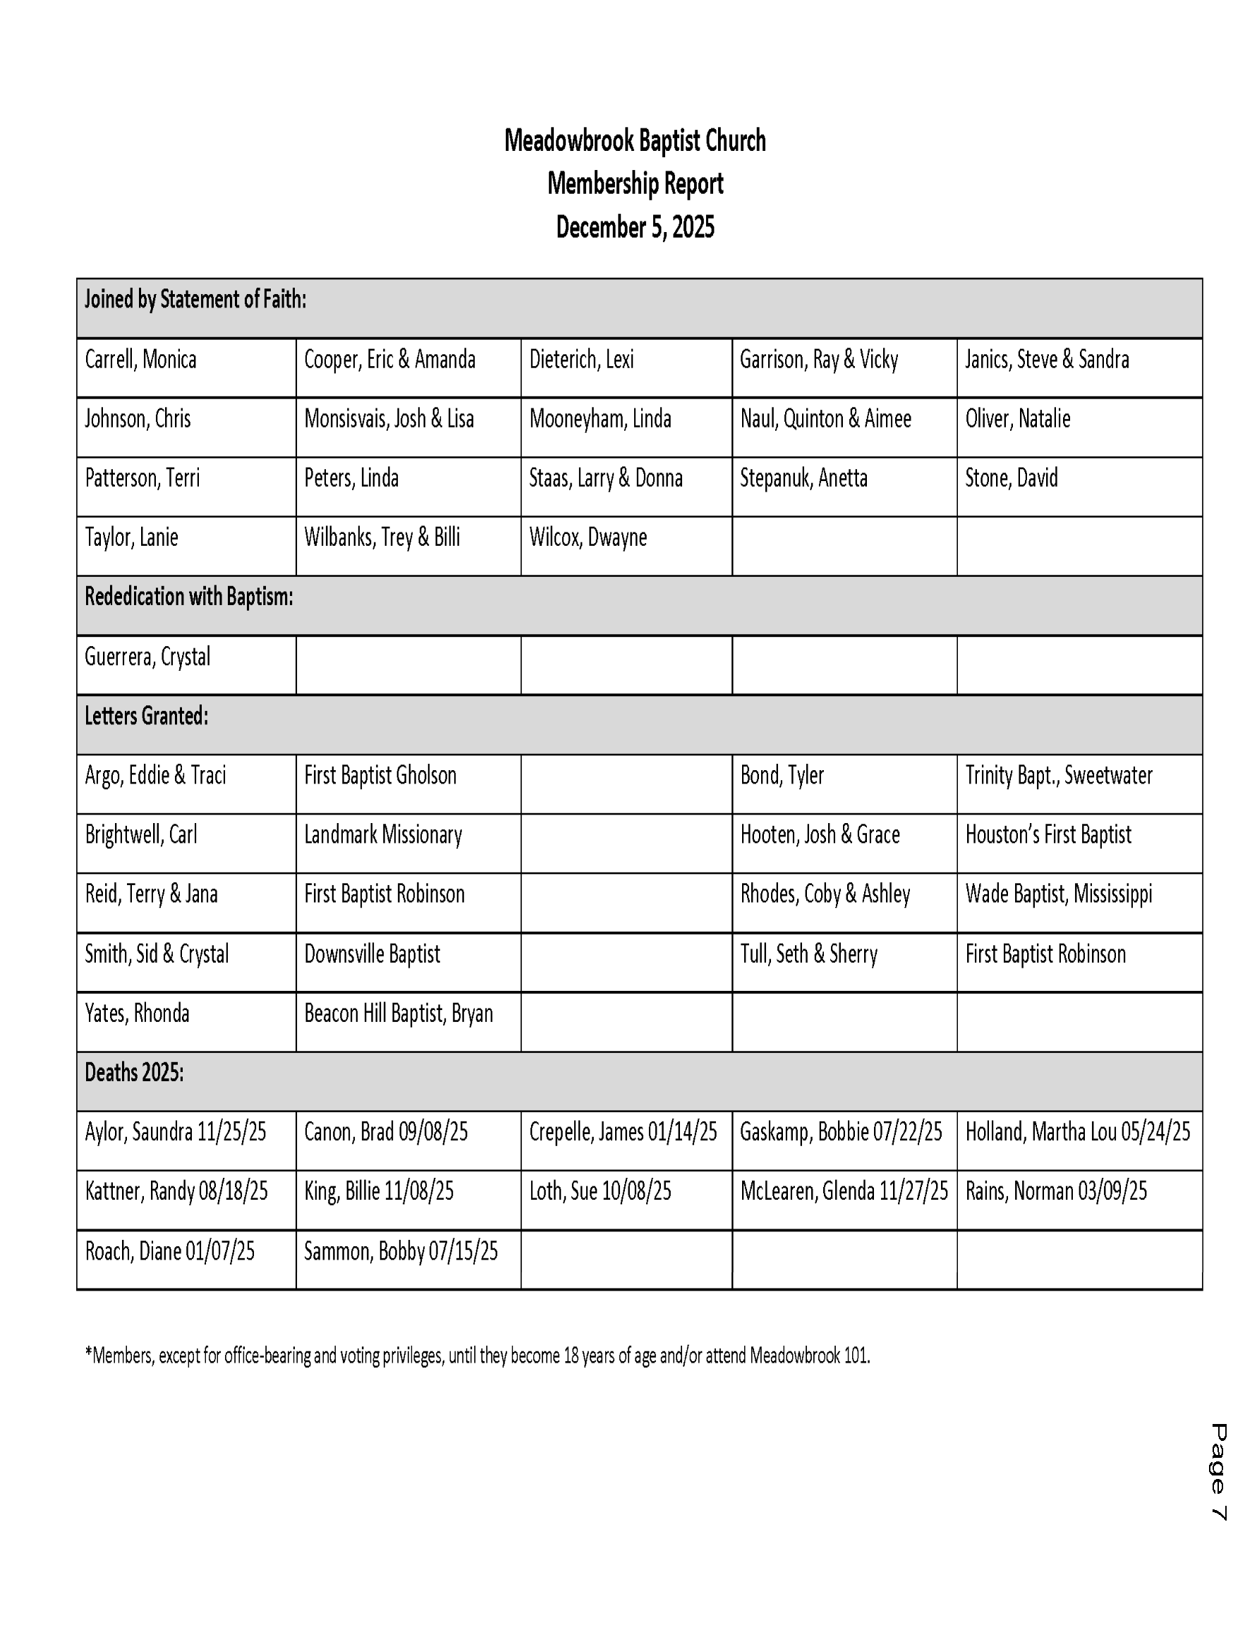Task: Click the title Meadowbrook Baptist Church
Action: tap(634, 140)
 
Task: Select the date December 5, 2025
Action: tap(634, 227)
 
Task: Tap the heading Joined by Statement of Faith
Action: tap(195, 299)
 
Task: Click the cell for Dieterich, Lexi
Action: tap(581, 360)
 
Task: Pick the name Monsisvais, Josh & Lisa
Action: tap(389, 419)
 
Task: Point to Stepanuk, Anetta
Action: tap(803, 477)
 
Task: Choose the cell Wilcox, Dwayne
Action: tap(587, 537)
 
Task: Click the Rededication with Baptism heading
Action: tap(188, 597)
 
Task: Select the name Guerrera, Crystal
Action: tap(147, 656)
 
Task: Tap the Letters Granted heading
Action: tap(146, 716)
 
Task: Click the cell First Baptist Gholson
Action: tap(379, 775)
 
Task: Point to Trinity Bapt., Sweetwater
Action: tap(1057, 775)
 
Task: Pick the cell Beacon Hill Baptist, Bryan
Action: tap(398, 1014)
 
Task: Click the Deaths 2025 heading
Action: tap(134, 1072)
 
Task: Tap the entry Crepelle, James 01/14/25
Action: tap(622, 1132)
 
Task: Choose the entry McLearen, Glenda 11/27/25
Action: tap(843, 1191)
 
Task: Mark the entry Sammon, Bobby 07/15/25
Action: tap(401, 1250)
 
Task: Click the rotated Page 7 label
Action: tap(1217, 1473)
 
